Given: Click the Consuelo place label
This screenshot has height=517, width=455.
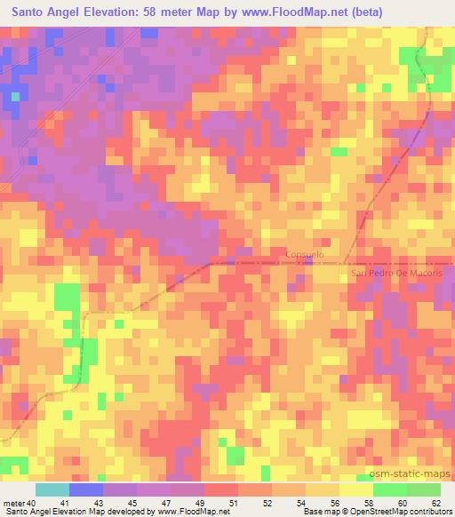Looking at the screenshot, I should pyautogui.click(x=305, y=254).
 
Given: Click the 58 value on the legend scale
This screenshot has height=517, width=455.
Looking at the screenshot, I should pyautogui.click(x=340, y=502).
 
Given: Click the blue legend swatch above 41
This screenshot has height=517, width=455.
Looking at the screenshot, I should pyautogui.click(x=86, y=489).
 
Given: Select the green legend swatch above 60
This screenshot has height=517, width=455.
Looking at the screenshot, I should pyautogui.click(x=390, y=489).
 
